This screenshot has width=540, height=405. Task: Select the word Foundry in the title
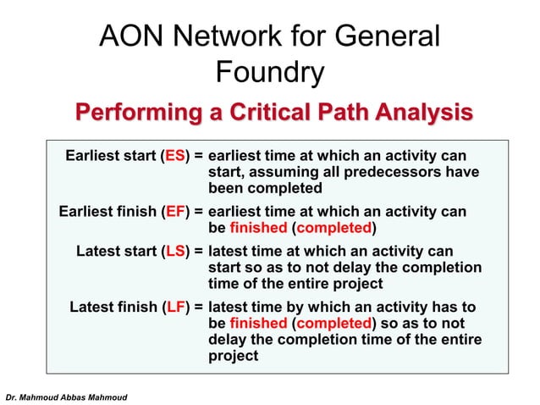point(269,73)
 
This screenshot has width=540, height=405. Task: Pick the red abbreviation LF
point(176,307)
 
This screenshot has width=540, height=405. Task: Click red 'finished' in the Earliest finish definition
point(258,228)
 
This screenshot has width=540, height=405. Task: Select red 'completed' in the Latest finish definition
point(334,323)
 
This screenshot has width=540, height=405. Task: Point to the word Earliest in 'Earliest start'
point(95,157)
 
